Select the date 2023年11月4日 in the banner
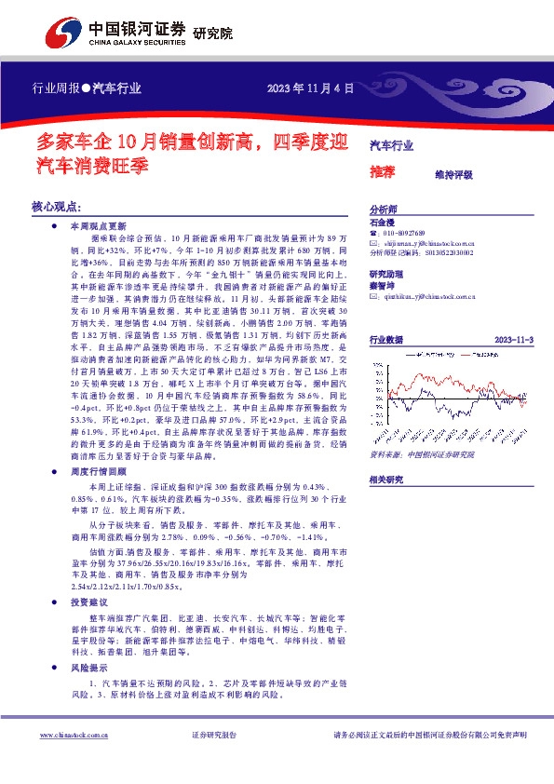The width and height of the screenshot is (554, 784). click(311, 90)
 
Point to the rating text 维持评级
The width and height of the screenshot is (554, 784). click(454, 174)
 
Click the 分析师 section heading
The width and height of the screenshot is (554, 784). click(384, 210)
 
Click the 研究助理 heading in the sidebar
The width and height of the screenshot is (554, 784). click(385, 275)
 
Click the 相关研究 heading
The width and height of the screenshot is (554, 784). click(386, 479)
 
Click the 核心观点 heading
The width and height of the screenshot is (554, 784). click(58, 205)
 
